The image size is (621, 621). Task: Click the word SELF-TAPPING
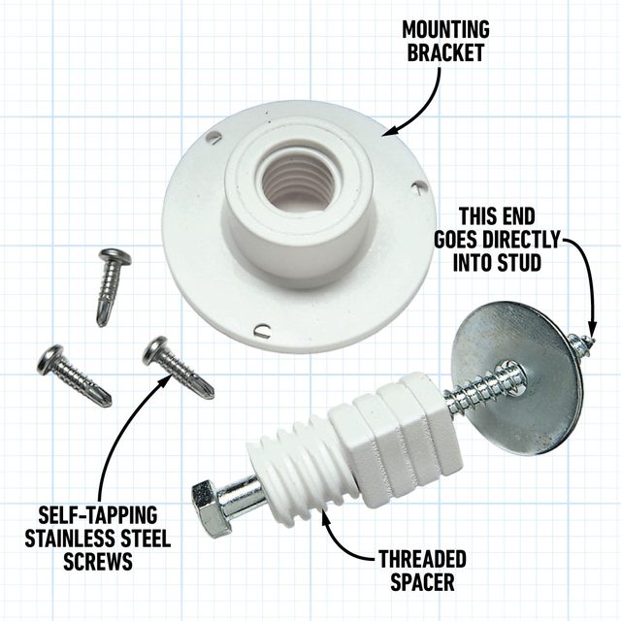97,512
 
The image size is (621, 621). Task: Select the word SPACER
424,583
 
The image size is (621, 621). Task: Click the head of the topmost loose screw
115,257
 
